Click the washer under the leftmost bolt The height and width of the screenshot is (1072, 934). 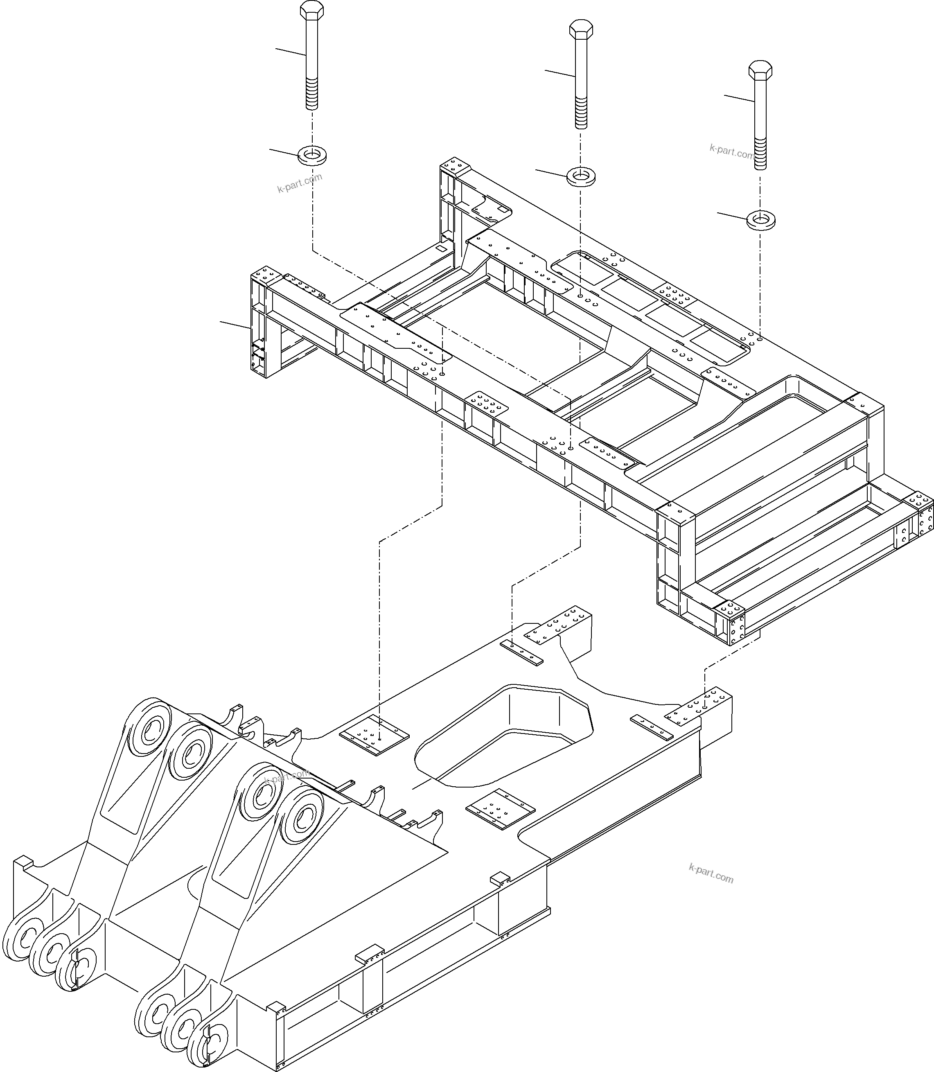[312, 154]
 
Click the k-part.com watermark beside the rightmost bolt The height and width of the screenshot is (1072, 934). [731, 152]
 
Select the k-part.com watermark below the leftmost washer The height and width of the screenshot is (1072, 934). [300, 183]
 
